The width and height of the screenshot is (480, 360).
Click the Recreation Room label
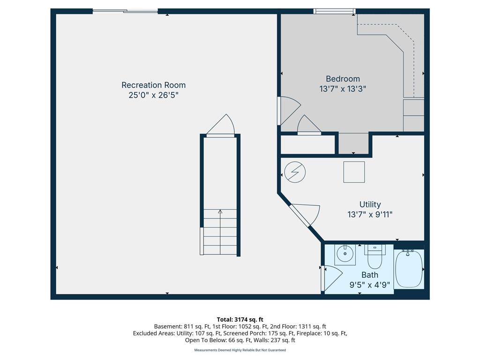tap(153, 85)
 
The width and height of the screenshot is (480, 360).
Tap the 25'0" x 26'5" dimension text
tap(153, 95)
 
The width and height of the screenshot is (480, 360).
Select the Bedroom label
tap(343, 79)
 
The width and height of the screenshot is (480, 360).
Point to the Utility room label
tap(370, 204)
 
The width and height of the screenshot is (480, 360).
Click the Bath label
tap(369, 275)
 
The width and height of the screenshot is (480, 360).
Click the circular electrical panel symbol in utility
tap(295, 172)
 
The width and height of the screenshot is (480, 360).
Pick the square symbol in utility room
tap(354, 172)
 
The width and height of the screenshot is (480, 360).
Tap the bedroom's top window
tap(334, 11)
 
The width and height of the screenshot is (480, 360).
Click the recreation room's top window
tap(125, 11)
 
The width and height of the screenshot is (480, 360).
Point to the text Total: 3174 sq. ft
tap(240, 319)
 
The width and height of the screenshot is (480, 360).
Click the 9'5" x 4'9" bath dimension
tap(369, 285)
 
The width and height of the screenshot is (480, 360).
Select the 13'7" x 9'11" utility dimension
tap(370, 215)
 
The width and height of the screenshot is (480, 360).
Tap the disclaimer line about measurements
tap(240, 350)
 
